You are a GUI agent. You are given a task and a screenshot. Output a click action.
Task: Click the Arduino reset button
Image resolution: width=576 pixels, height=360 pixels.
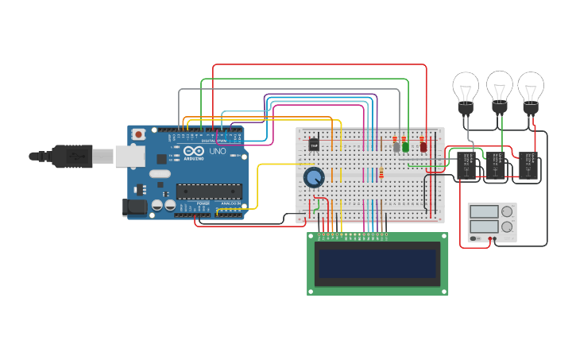point(139,134)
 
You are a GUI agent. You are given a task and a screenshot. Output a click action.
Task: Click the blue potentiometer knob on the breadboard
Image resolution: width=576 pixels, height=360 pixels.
point(314,177)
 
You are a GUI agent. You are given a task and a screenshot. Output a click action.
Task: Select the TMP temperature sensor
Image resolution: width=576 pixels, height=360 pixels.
point(314,145)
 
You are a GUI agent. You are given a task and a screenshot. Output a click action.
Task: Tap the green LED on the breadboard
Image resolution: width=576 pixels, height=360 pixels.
point(405,146)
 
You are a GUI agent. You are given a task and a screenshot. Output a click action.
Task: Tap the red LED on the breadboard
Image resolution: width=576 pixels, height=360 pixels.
point(423,146)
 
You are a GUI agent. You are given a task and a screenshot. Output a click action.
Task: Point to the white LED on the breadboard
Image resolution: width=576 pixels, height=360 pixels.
point(396,146)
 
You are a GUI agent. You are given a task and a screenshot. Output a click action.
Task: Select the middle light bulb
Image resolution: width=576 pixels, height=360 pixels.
point(500,88)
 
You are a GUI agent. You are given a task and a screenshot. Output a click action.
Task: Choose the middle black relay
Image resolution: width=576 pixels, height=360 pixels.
point(496,165)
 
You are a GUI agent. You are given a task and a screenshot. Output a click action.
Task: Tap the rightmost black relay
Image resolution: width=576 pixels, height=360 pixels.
point(528,165)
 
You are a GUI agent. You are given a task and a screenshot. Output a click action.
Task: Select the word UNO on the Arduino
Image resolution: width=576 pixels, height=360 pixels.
point(217,151)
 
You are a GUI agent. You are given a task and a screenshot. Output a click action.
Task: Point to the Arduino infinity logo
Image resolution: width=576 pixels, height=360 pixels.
point(194,151)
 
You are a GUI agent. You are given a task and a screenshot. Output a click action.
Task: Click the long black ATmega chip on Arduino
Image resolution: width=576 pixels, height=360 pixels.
point(209,191)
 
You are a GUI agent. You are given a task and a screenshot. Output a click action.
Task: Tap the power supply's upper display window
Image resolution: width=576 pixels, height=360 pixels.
point(485,212)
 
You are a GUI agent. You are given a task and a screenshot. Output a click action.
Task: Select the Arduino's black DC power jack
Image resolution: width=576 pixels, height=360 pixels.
point(136,207)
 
